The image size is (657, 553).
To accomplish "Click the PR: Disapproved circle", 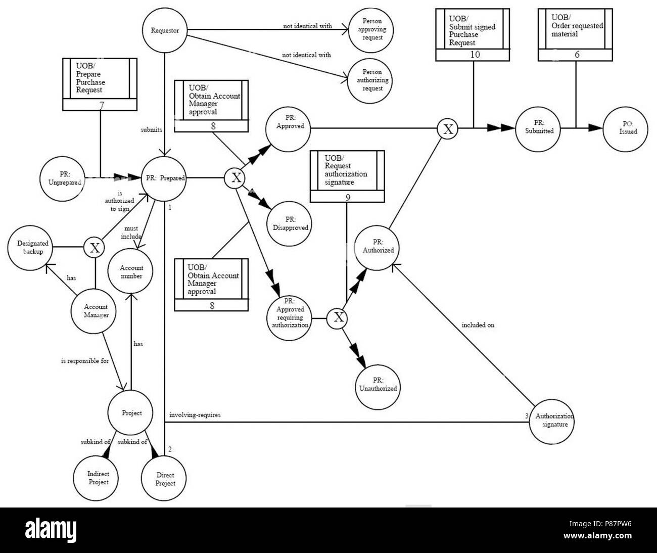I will pos(290,224).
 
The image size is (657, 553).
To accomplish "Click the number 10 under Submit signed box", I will pos(475,54).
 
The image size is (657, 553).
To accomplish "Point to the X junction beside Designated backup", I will pos(94,248).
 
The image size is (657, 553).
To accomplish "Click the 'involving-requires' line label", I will pos(195,415).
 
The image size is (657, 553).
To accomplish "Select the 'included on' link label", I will pos(477,325).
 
